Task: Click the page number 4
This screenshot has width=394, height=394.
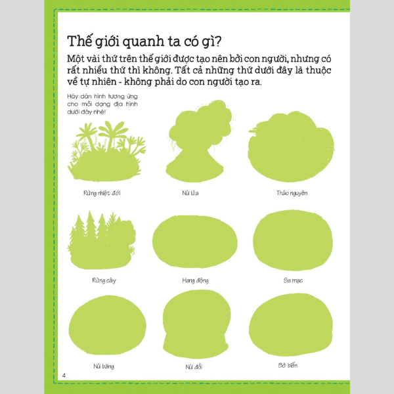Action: (64, 375)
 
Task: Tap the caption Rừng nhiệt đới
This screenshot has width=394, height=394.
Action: (102, 193)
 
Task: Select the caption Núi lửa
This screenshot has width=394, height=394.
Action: (190, 192)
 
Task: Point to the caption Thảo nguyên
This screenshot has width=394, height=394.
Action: (292, 193)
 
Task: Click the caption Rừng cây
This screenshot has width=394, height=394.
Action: (104, 280)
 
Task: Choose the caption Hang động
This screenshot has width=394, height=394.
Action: (195, 280)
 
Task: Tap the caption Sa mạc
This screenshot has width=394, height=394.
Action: (293, 280)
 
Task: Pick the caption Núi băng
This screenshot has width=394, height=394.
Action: (104, 366)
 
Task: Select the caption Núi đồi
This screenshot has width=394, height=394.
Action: (194, 367)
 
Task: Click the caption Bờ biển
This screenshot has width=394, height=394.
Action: (288, 365)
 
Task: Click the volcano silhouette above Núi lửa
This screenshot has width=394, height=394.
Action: (198, 151)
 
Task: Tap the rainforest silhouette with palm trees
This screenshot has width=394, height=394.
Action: (107, 156)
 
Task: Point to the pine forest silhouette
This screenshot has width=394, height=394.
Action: (102, 246)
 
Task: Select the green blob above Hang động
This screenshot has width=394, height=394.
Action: (195, 242)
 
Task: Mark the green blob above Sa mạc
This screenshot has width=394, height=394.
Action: (293, 240)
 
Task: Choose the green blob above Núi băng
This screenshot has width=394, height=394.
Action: (107, 325)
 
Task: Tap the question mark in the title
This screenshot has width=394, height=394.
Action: (217, 41)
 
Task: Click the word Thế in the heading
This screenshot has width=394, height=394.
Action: (79, 41)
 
